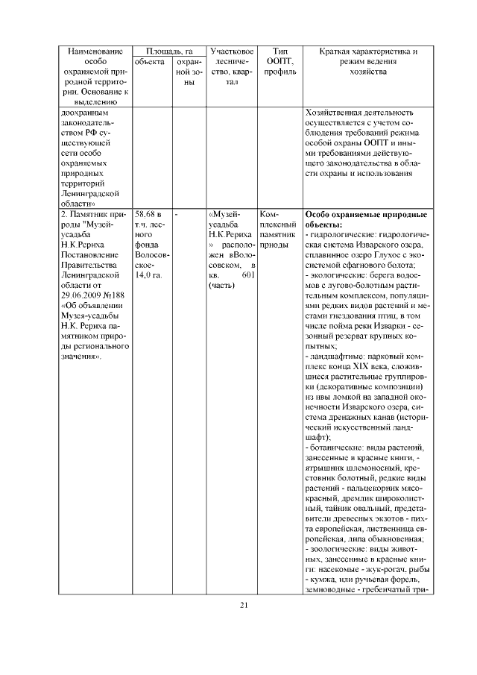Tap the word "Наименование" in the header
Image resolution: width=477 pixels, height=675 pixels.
pos(92,50)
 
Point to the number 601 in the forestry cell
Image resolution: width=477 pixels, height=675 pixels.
pos(249,275)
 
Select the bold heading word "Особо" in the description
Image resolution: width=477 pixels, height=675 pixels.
pos(321,214)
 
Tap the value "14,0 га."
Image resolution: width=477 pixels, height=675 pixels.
pos(149,275)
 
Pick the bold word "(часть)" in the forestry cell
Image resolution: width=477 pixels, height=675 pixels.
pos(221,286)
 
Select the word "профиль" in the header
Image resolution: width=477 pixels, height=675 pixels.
pos(279,72)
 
